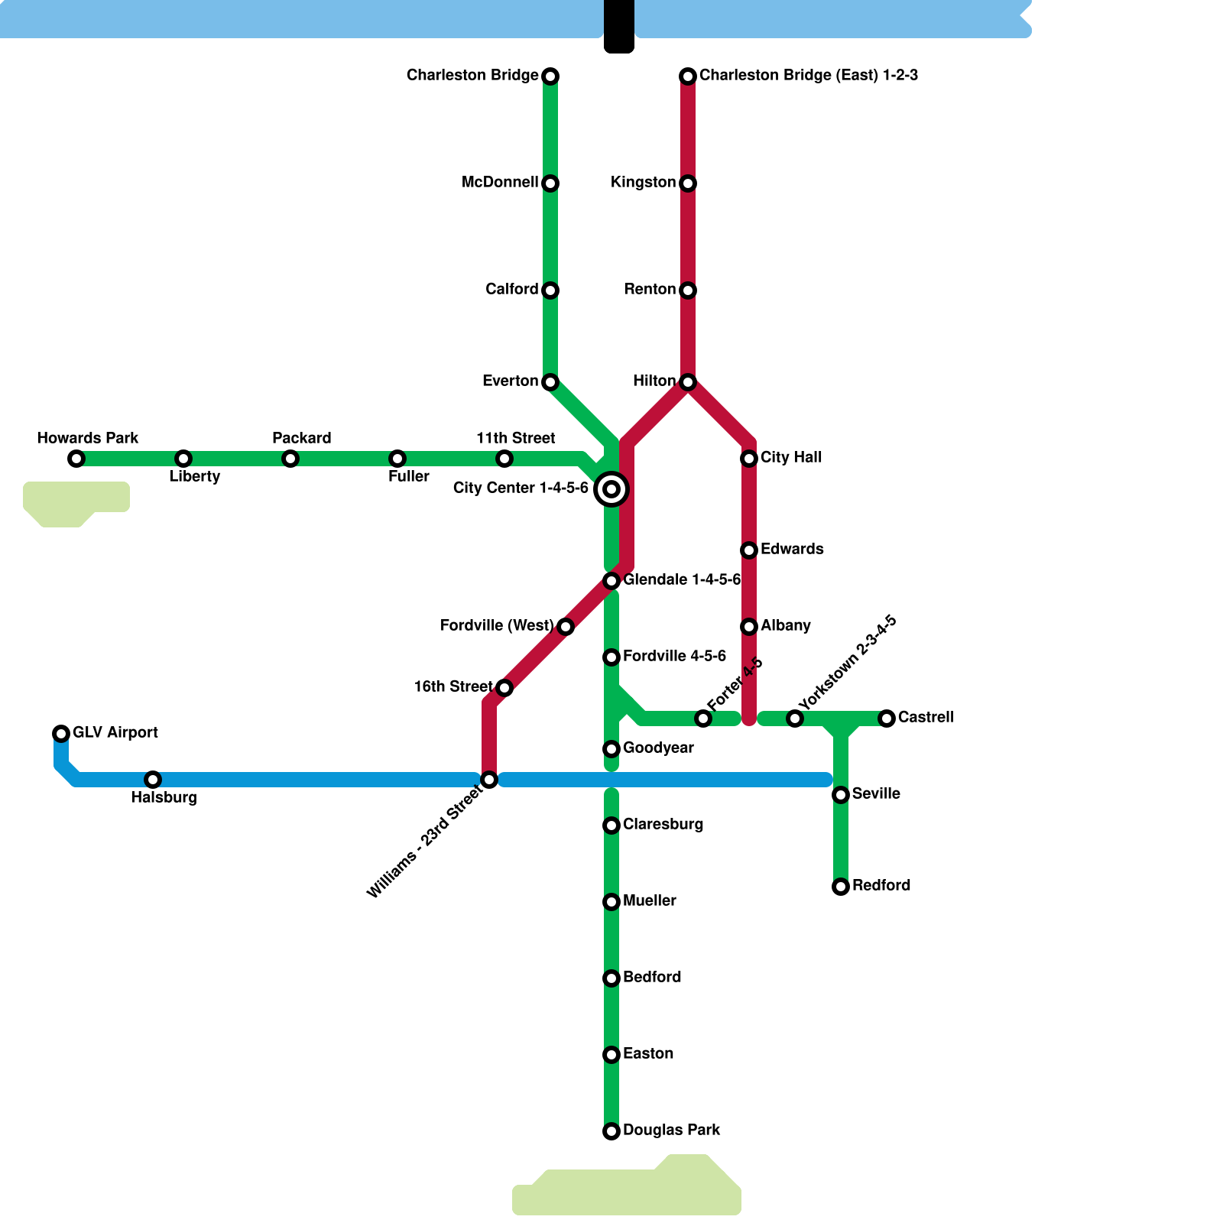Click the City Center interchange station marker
[611, 489]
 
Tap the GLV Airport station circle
[61, 734]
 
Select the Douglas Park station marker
[611, 1131]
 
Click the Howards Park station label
[88, 438]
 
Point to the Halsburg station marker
[153, 780]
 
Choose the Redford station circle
[841, 887]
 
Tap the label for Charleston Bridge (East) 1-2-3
[809, 75]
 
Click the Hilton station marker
[688, 382]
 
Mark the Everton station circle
[550, 382]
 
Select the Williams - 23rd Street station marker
[489, 780]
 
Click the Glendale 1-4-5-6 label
[682, 579]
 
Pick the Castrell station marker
[887, 719]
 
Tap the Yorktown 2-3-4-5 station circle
[795, 719]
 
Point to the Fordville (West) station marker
[566, 627]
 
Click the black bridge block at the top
[619, 26]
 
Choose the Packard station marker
[290, 459]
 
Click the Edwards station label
[792, 549]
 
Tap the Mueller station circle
[611, 902]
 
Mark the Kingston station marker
[688, 183]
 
